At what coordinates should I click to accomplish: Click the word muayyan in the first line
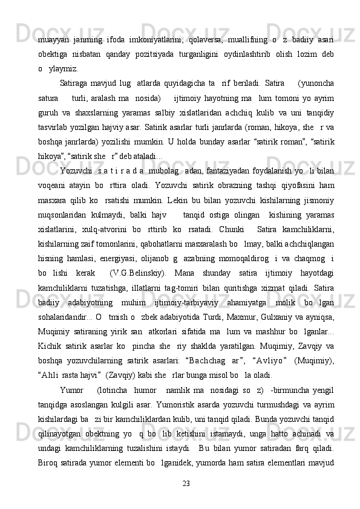tap(52, 23)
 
